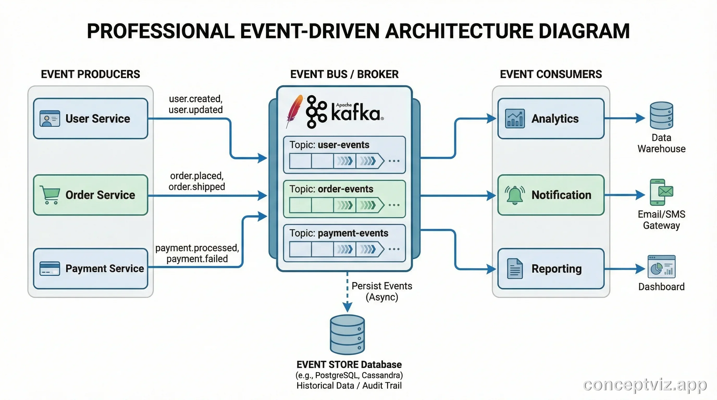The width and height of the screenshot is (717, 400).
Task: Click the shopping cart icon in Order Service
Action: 50,195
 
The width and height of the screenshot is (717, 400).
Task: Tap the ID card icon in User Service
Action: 50,118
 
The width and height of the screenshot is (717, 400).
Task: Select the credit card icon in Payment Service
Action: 50,268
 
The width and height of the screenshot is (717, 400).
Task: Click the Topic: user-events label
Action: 329,145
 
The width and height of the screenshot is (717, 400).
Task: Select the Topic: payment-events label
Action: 339,233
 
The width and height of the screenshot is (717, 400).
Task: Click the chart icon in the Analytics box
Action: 515,118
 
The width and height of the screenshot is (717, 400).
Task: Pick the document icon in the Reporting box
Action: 515,268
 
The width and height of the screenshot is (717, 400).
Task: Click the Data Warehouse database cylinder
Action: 661,115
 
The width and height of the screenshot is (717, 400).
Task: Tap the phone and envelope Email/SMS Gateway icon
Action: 661,192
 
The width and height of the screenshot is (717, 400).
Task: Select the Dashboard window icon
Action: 661,266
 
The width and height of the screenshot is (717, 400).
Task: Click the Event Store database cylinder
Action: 347,334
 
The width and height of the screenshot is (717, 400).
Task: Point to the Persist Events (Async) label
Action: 382,291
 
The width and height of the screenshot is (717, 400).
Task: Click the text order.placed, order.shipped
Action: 196,181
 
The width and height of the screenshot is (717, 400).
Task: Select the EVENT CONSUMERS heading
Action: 551,74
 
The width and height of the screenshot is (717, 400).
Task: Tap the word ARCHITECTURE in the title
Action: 459,31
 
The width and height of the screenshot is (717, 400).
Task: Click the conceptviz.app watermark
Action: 645,385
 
